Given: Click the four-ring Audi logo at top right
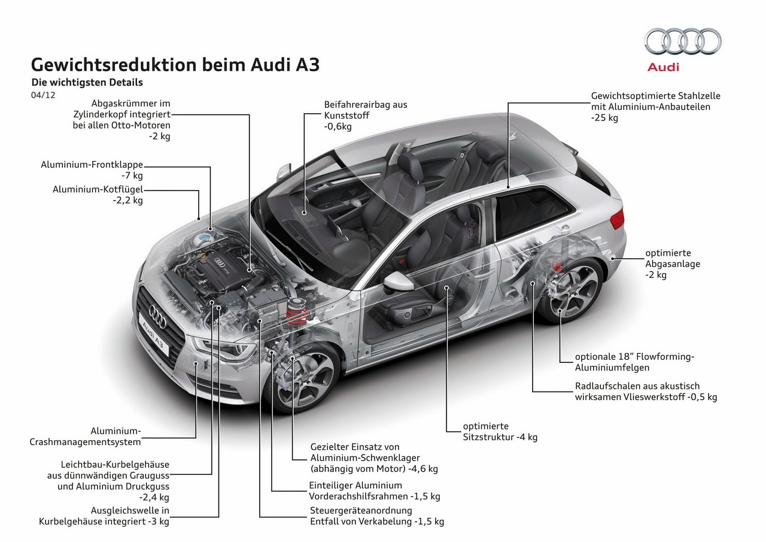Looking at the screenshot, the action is (x=683, y=41).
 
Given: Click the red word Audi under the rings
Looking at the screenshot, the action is (x=663, y=67).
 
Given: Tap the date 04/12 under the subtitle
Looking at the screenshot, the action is (x=43, y=95).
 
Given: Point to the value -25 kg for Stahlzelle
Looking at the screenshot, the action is (x=604, y=118).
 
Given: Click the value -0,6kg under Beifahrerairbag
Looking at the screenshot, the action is (x=338, y=126).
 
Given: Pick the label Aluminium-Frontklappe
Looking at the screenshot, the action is (x=92, y=165).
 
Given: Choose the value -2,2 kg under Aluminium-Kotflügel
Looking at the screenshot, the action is (x=128, y=200).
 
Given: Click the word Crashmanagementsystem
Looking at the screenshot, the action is (x=85, y=442).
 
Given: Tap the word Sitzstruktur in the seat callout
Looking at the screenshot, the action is (x=488, y=437).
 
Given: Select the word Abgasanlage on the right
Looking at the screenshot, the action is (x=673, y=264).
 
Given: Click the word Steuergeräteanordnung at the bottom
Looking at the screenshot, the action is (x=361, y=510).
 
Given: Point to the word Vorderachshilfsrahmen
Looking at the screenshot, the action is (x=358, y=496).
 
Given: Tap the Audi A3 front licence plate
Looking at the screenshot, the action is (x=154, y=334).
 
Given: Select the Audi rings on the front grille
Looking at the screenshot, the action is (x=157, y=316).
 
